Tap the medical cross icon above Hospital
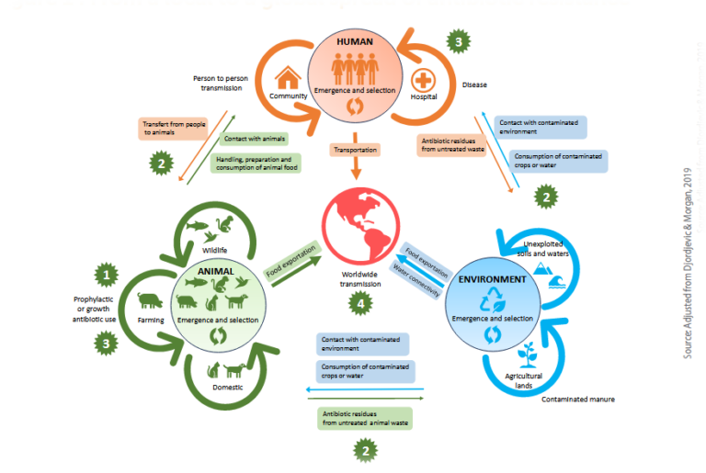click(x=424, y=78)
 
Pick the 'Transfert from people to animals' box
click(x=175, y=127)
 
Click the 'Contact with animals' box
click(x=254, y=139)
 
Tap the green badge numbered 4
click(x=365, y=303)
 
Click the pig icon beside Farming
click(x=152, y=299)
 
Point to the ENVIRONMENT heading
click(x=494, y=279)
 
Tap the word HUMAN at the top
click(x=354, y=42)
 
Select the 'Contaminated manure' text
click(x=578, y=399)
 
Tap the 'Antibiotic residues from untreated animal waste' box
click(x=365, y=419)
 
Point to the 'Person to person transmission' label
click(x=222, y=84)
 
